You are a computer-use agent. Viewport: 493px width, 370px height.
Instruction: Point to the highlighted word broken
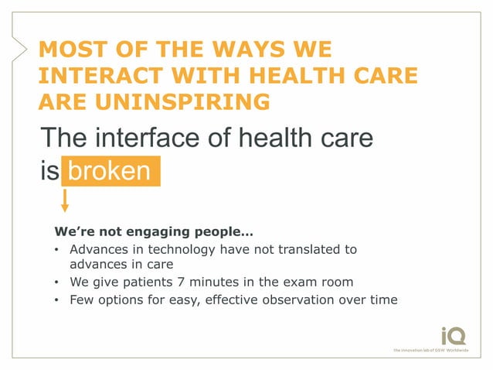109,170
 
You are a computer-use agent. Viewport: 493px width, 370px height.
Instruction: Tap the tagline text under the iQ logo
435,351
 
